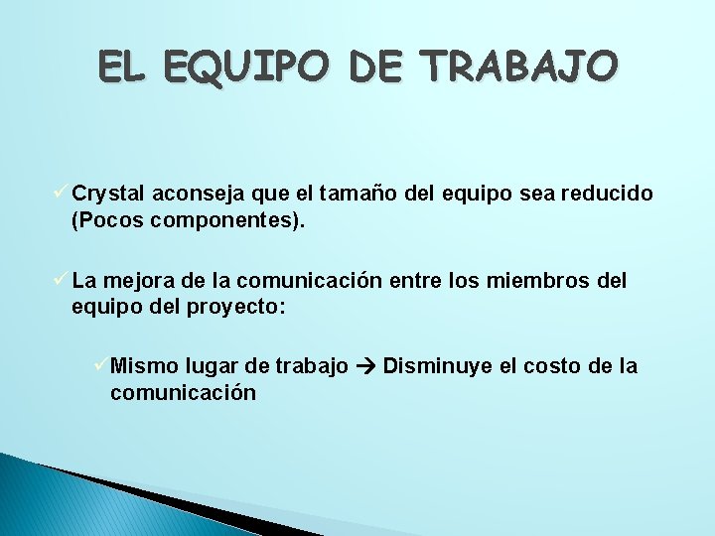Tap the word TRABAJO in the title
click(x=519, y=67)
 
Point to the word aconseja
click(x=189, y=194)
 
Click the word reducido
click(x=607, y=194)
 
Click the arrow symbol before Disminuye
click(x=365, y=367)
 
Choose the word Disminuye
click(x=436, y=366)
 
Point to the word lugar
click(x=209, y=367)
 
